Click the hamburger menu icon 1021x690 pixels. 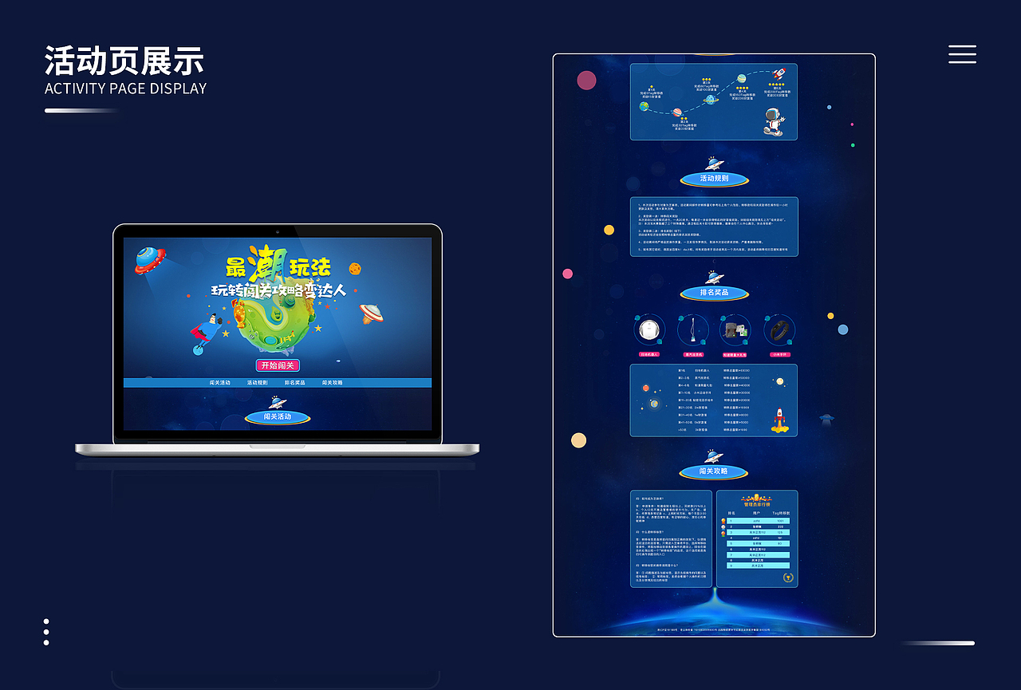point(962,53)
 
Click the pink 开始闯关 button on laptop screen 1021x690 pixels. point(278,365)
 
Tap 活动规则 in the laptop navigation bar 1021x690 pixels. point(257,383)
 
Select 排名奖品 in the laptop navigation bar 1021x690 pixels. point(294,383)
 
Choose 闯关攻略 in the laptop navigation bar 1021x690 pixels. point(333,383)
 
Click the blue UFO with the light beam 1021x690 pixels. point(148,258)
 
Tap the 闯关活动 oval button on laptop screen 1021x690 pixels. point(278,416)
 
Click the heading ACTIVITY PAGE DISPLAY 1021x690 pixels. point(125,89)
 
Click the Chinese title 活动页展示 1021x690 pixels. point(124,61)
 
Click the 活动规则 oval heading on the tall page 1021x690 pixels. point(714,179)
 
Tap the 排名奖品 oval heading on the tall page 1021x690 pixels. point(714,293)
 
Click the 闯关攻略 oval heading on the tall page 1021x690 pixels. point(714,471)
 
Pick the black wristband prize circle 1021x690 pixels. point(779,330)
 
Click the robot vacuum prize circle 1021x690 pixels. point(649,330)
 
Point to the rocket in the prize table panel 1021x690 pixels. point(779,420)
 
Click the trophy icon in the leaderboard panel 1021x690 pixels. point(787,576)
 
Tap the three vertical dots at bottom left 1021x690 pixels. point(46,632)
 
